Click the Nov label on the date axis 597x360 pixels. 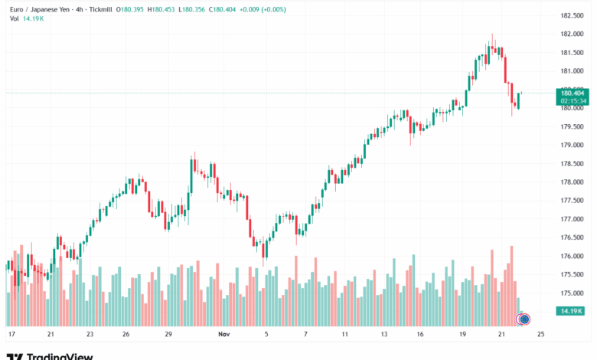[224, 335]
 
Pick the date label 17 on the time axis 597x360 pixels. [11, 335]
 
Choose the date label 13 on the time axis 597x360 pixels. [385, 335]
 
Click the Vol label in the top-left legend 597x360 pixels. [15, 19]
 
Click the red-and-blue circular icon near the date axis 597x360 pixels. [524, 319]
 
